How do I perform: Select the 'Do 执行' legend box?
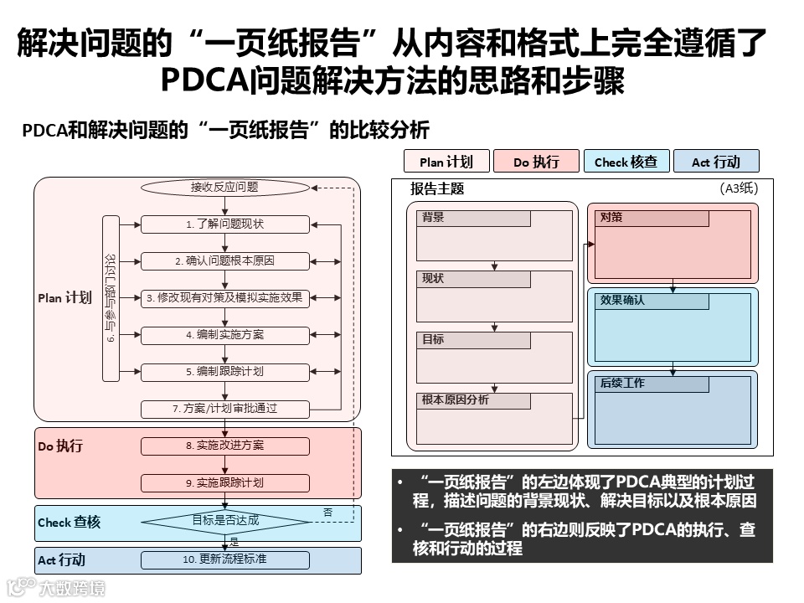point(537,162)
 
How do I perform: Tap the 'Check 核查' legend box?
point(626,162)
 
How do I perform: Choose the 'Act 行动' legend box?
point(716,162)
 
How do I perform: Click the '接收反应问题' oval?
point(224,187)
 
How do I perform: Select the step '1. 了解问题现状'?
point(224,224)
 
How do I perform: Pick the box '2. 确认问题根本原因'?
point(224,261)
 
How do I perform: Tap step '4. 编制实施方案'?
point(224,335)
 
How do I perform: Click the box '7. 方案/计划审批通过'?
point(224,409)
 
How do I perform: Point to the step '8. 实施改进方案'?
point(224,446)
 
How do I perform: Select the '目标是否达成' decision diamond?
point(224,521)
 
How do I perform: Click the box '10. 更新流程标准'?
point(224,559)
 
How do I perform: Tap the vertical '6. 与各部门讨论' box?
point(111,298)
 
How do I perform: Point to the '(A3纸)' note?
point(739,189)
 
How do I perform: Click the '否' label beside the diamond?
point(327,512)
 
